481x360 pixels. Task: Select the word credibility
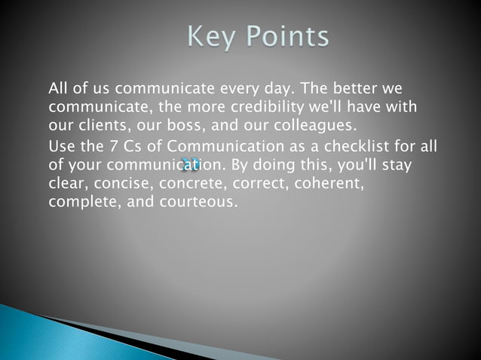(260, 107)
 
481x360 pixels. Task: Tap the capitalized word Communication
(205, 146)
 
